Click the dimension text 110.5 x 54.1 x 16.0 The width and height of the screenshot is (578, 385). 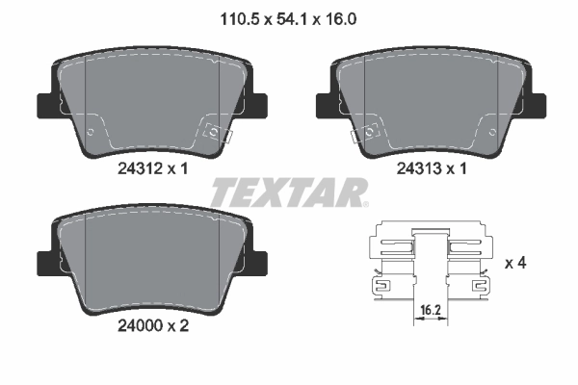pos(289,16)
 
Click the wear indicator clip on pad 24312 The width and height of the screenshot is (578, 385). pos(217,134)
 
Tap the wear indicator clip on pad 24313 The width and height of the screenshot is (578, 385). pos(366,135)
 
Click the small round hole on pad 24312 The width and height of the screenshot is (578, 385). pos(90,131)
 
